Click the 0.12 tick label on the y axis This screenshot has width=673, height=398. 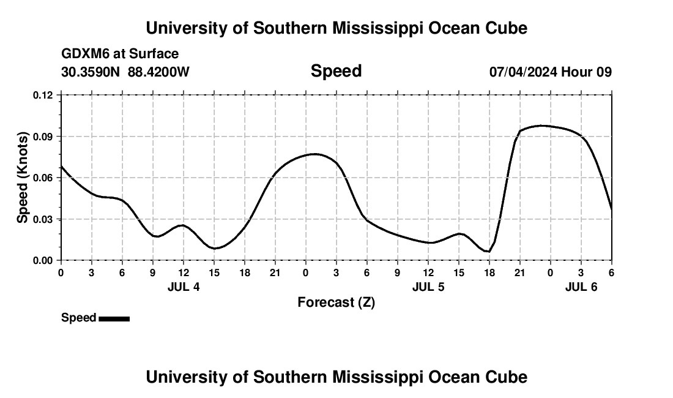[43, 95]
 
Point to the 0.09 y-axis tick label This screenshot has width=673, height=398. [43, 136]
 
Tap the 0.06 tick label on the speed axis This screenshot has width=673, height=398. [43, 178]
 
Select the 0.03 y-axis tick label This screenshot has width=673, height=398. [43, 219]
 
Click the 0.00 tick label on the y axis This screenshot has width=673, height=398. [43, 260]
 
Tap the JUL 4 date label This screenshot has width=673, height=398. [184, 287]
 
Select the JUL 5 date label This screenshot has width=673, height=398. [428, 287]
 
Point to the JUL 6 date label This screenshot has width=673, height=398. [581, 287]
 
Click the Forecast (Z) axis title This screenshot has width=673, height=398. [336, 302]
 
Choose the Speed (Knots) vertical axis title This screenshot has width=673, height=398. [23, 178]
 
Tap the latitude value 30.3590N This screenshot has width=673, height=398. [91, 72]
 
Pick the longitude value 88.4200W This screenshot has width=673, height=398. [158, 72]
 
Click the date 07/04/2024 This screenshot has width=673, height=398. [522, 72]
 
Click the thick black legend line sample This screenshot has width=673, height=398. [114, 318]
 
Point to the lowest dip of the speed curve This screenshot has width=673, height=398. [488, 251]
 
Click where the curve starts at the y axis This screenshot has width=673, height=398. [61, 166]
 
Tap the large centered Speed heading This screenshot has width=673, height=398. [336, 71]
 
